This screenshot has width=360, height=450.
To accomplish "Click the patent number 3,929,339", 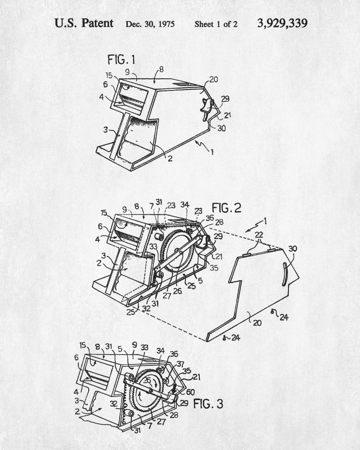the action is [x=282, y=23].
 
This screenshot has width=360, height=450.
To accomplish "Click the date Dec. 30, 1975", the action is [x=150, y=24].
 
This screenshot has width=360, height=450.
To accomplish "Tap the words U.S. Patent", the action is [x=84, y=23].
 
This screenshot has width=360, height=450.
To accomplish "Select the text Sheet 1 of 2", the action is [x=216, y=24].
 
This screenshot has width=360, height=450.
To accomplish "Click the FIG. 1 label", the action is [x=121, y=60].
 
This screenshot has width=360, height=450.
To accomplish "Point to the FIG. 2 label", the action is [x=226, y=207].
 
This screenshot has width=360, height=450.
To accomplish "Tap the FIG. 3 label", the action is [x=208, y=404].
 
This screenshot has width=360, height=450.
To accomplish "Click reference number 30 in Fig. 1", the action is [x=221, y=128].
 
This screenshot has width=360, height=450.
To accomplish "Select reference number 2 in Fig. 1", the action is [x=170, y=158].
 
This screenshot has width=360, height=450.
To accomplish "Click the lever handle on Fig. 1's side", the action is [x=207, y=109].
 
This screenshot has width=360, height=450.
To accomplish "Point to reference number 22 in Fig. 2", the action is [x=259, y=235].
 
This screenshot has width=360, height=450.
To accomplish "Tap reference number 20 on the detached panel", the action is [x=257, y=323].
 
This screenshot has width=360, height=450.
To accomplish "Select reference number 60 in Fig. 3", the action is [x=190, y=391].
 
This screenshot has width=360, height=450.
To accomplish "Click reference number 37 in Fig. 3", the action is [x=180, y=364].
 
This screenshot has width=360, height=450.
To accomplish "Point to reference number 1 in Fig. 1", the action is [x=212, y=152].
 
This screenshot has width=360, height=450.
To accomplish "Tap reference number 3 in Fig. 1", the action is [x=105, y=130].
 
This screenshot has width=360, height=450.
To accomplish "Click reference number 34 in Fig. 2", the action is [x=184, y=205].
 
